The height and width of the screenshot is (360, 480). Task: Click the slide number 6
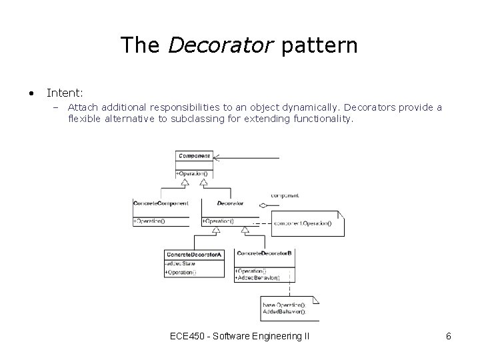(449, 336)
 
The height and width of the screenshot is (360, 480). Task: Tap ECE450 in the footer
(187, 336)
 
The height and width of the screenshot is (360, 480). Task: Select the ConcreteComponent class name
(161, 203)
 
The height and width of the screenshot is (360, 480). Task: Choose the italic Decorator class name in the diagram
(230, 203)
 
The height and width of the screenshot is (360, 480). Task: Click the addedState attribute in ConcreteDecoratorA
(180, 264)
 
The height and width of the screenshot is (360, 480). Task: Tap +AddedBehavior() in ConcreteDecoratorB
(257, 277)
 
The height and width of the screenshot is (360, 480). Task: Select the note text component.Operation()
(302, 224)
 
